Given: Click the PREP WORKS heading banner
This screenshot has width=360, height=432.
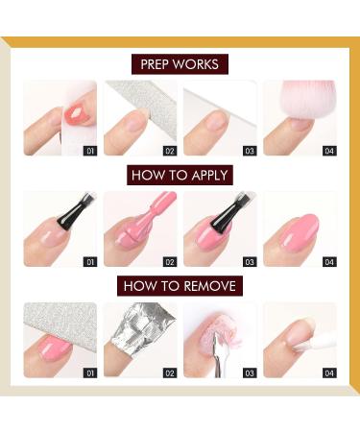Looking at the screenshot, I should [x=180, y=65].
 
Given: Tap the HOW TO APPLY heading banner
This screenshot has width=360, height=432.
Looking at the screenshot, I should [x=180, y=175].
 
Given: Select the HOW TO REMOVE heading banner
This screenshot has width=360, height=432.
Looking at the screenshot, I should [x=180, y=285].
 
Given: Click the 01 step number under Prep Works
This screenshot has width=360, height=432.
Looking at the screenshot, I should [x=90, y=150].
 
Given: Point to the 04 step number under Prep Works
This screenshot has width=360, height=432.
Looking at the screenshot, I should [x=329, y=150].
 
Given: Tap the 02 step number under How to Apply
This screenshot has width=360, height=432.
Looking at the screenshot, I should [x=170, y=261].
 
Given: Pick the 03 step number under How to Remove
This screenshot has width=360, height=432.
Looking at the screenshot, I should [x=250, y=372].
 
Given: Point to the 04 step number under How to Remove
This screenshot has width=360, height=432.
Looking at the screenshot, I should [x=329, y=372].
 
